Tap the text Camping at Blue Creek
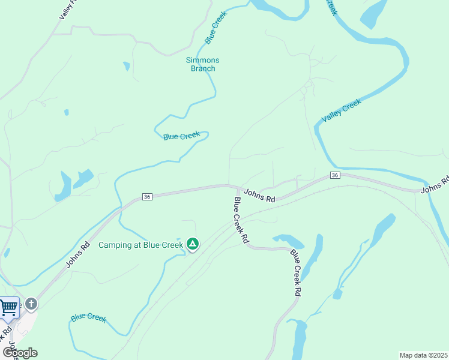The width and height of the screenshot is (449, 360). (141, 245)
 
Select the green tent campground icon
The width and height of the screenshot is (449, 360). (193, 244)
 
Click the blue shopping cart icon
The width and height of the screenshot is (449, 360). (8, 308)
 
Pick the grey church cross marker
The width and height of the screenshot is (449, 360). (31, 304)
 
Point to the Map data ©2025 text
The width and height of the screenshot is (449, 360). (424, 355)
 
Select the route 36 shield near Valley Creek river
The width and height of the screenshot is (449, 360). (335, 175)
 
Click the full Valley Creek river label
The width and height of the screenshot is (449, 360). (342, 111)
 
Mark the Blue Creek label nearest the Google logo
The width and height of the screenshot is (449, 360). (88, 317)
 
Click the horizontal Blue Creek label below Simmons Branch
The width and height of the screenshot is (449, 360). (181, 136)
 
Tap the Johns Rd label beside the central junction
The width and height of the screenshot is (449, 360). (259, 194)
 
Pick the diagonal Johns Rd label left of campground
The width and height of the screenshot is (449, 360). (79, 254)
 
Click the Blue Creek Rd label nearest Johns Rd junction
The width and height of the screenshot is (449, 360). (241, 220)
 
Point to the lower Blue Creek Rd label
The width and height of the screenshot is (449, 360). (295, 273)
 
